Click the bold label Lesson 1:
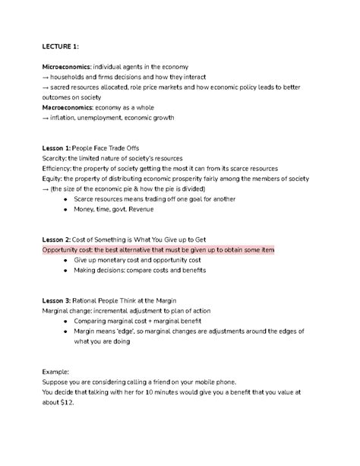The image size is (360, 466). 58,147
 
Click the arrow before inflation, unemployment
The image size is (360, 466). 47,118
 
